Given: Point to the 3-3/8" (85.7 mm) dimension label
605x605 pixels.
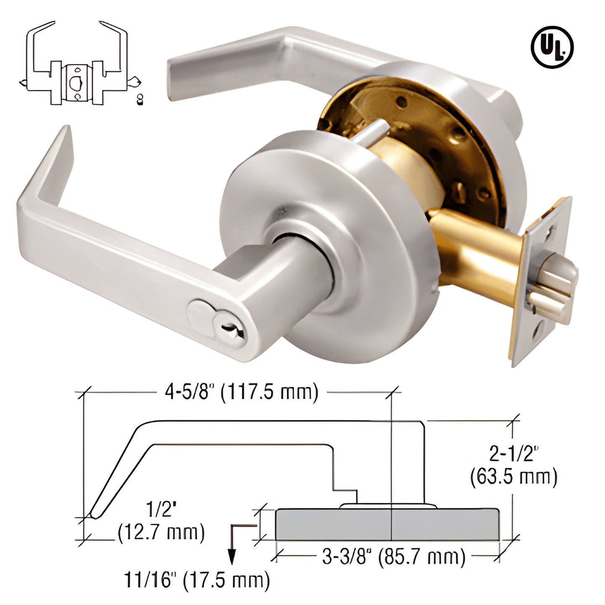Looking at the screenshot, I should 394,557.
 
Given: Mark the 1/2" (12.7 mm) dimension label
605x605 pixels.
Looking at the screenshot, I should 160,523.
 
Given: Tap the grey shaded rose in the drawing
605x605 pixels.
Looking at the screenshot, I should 387,524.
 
